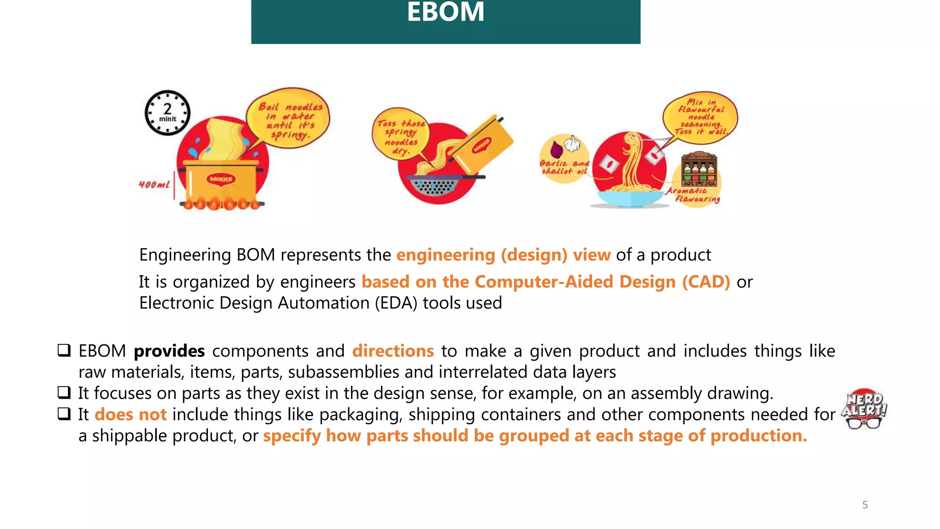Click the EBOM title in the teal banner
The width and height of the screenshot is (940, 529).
coord(445,12)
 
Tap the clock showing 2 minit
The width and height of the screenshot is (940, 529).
coord(168,113)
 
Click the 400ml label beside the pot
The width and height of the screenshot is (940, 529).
coord(154,185)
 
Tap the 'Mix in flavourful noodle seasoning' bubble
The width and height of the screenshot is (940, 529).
coord(700,117)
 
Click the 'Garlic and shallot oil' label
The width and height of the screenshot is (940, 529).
coord(564,167)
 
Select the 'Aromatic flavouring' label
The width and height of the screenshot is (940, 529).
coord(694,195)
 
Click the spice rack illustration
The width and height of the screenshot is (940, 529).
coord(699,169)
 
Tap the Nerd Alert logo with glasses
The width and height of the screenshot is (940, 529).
coord(864,409)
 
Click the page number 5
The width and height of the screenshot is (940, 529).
coord(865,505)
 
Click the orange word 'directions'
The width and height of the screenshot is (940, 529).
coord(393,351)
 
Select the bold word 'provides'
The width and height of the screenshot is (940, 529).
coord(169,351)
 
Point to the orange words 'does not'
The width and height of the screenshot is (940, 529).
coord(130,415)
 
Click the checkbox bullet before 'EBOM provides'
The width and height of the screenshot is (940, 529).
coord(64,350)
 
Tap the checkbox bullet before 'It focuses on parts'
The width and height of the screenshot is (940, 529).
coord(64,393)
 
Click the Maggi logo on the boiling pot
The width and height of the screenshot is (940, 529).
coord(221,179)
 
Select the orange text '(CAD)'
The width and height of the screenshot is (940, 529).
coord(705,282)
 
